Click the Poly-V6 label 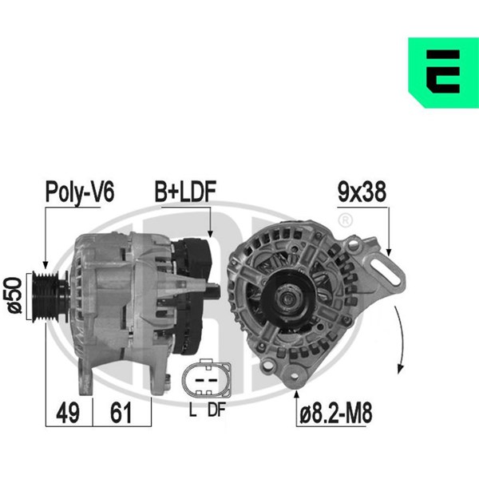point(80,192)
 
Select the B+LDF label point(185,192)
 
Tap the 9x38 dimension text point(362,192)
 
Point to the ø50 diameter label point(15,295)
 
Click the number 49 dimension point(68,413)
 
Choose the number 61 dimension point(121,413)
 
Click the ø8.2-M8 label point(336,414)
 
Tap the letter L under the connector point(192,410)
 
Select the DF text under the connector point(216,410)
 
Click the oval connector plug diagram point(207,378)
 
